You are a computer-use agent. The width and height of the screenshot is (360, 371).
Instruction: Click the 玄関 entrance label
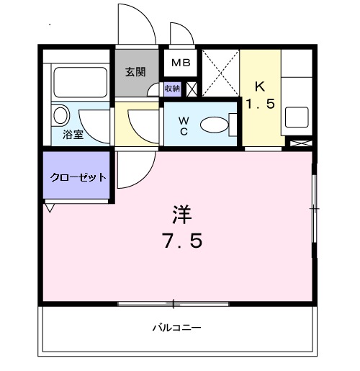click(x=135, y=71)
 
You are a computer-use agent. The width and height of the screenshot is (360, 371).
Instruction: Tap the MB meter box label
click(x=180, y=63)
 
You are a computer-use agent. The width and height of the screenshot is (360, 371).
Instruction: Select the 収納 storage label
click(x=172, y=88)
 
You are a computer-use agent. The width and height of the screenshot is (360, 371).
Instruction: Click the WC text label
click(x=183, y=124)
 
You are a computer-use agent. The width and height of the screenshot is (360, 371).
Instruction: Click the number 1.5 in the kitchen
click(x=260, y=104)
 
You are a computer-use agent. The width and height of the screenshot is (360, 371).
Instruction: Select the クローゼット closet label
click(x=78, y=176)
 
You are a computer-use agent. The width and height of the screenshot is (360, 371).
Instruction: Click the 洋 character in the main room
click(x=181, y=214)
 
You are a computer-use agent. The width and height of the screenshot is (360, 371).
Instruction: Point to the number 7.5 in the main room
click(x=181, y=240)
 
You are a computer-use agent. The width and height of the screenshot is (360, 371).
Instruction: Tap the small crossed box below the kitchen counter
click(x=297, y=143)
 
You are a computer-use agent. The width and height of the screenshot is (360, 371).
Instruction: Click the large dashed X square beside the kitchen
click(x=220, y=73)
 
